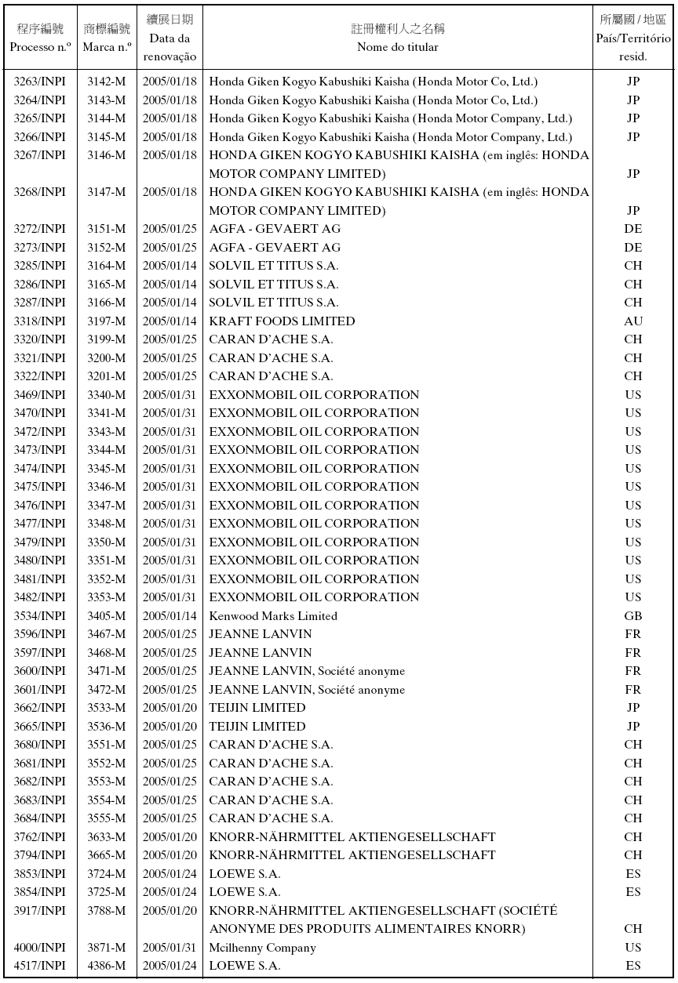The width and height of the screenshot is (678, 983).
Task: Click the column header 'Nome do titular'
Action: point(397,47)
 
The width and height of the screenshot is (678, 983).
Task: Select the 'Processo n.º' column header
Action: point(41,47)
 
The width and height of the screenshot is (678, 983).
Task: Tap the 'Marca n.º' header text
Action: point(107,47)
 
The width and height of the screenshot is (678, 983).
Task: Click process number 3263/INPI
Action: point(40,82)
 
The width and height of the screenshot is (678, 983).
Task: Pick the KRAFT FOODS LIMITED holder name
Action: point(282,321)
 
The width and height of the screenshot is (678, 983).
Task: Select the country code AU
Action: point(633,321)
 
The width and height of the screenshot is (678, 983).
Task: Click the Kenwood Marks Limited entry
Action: point(273,616)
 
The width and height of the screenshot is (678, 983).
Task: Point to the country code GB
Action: point(633,616)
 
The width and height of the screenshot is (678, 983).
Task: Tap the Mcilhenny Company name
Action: point(262,948)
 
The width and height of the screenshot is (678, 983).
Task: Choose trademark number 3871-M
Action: point(107,948)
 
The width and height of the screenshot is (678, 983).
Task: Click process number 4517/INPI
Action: point(40,966)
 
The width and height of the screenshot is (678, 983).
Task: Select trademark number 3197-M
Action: point(107,321)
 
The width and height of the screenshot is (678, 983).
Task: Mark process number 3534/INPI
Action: point(40,616)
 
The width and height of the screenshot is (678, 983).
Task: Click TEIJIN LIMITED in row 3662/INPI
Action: point(257,708)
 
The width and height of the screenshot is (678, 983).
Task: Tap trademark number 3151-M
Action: point(107,229)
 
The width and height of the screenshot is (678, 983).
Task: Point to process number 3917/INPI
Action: point(40,911)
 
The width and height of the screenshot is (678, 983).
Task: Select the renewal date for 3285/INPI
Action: point(169,266)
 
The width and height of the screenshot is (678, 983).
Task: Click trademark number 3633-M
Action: point(107,837)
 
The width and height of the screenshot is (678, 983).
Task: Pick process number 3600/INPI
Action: point(40,671)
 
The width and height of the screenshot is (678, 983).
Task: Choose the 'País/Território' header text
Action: point(633,38)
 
